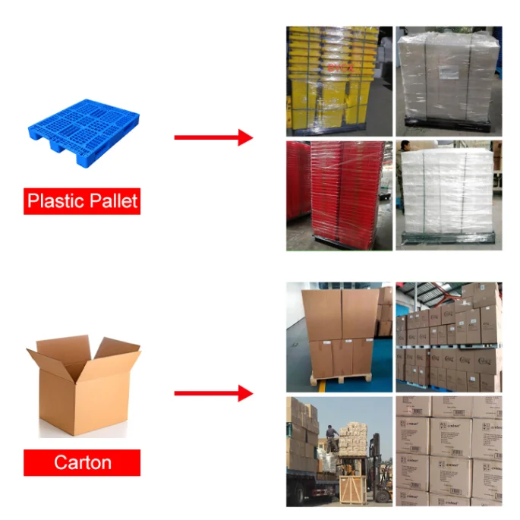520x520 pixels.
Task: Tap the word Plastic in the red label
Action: [x=55, y=201]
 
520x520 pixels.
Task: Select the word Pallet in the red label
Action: [x=110, y=201]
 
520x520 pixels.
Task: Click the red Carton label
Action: [x=82, y=462]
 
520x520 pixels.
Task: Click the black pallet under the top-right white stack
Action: [x=448, y=121]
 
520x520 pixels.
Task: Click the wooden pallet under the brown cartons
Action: [x=341, y=378]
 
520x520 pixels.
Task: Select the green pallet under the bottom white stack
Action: [x=448, y=239]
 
